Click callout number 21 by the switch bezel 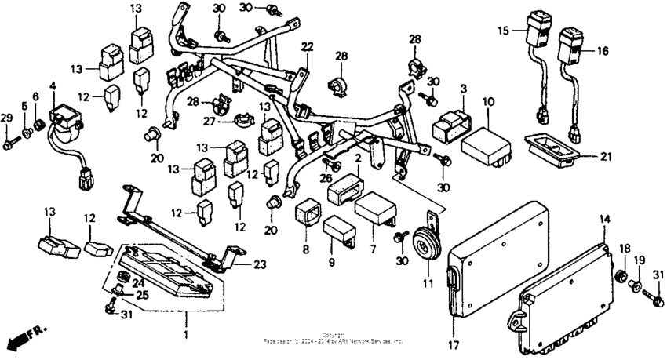point(604,156)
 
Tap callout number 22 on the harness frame point(306,46)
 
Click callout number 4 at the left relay point(53,85)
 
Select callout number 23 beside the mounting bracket point(260,264)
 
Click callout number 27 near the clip point(210,121)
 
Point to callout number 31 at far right point(658,274)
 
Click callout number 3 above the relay point(464,89)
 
